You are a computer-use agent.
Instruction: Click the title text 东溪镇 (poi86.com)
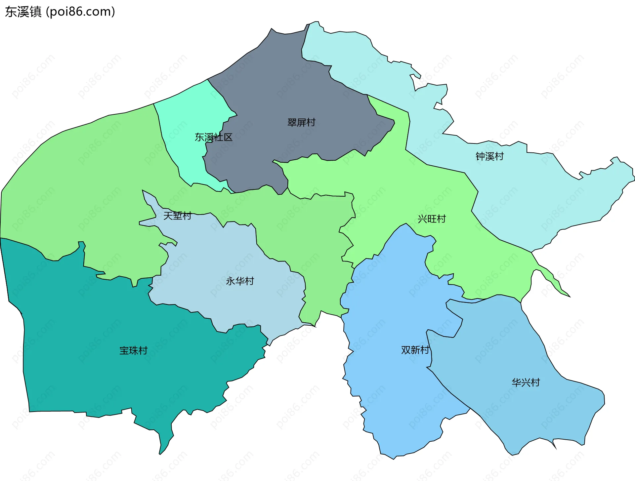click(x=60, y=12)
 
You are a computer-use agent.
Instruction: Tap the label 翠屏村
click(x=301, y=123)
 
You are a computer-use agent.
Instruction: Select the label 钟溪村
click(x=489, y=156)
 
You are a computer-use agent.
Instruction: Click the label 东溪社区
click(x=214, y=137)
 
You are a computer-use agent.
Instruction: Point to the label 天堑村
click(x=177, y=216)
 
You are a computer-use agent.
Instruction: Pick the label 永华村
click(x=240, y=281)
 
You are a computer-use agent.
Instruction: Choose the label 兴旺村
click(x=432, y=219)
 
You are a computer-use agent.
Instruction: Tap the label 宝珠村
click(x=133, y=350)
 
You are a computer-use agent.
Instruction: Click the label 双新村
click(x=415, y=350)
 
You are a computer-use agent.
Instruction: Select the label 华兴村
click(x=526, y=382)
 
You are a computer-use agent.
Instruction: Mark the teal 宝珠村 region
click(x=99, y=331)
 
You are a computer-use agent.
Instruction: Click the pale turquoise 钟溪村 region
click(x=529, y=198)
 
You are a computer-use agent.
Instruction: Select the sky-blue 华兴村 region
click(x=529, y=413)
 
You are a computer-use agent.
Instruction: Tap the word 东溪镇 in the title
click(x=23, y=12)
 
